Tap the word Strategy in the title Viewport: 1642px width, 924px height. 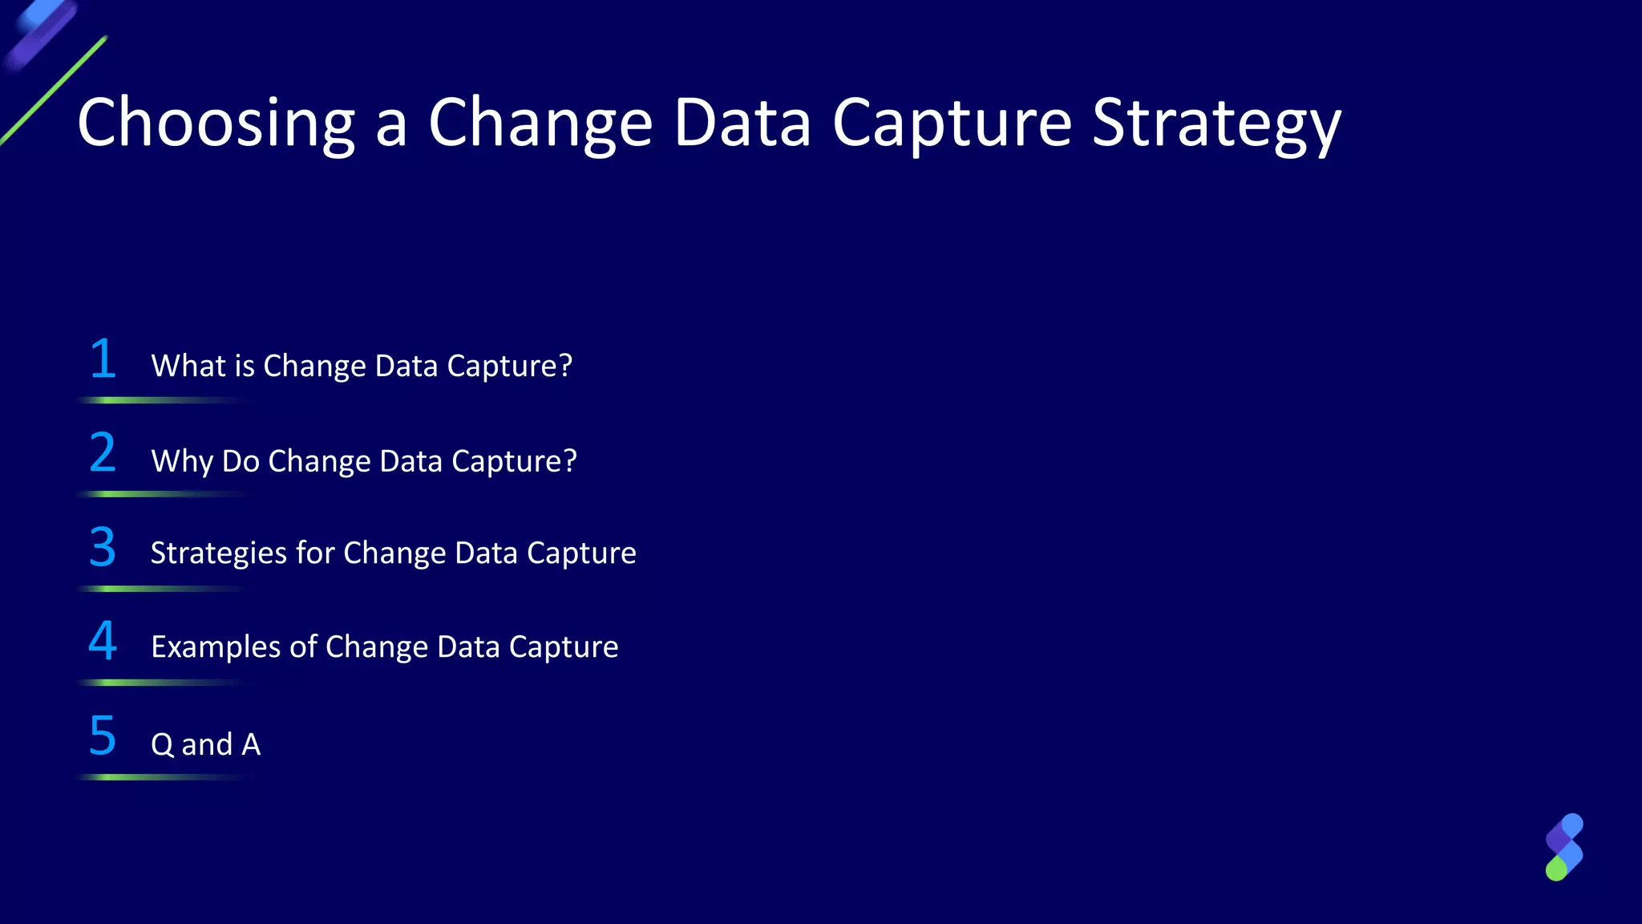[1216, 124]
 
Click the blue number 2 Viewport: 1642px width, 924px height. [103, 453]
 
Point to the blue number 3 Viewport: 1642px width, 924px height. [103, 548]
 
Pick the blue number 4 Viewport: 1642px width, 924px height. [103, 642]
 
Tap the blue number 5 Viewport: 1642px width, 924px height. [103, 736]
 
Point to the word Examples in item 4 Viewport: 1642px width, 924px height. [215, 647]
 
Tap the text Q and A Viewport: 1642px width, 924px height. [205, 745]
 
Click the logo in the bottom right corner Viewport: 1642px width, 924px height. [1563, 847]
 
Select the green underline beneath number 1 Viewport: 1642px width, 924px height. [160, 400]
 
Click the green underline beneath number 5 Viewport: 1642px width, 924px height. [160, 777]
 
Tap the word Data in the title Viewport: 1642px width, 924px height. [742, 124]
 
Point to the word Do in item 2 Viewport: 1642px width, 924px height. [241, 462]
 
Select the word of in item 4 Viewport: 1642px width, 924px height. [303, 647]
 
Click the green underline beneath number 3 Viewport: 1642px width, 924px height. [160, 589]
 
